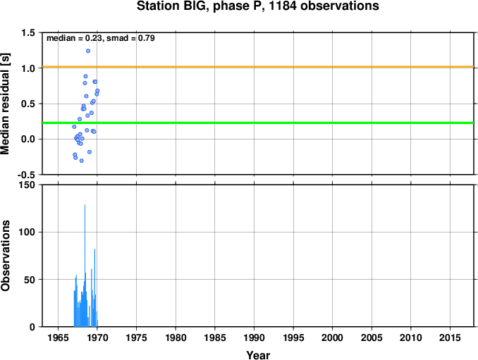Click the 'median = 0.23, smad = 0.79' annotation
pos(101,38)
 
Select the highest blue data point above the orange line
pos(88,51)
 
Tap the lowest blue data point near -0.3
pos(81,161)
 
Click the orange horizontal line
pos(258,66)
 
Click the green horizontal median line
pos(258,123)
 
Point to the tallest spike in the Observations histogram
pos(85,205)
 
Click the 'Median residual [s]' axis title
pos(5,104)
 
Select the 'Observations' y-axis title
pos(5,256)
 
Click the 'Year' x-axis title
pos(258,355)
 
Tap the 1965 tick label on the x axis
pos(58,337)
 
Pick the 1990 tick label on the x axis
pos(254,337)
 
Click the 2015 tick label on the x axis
pos(450,337)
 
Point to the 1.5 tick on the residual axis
pos(28,33)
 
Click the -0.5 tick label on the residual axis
pos(26,175)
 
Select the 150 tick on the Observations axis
pos(27,185)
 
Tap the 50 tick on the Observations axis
pos(30,280)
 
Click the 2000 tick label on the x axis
pos(332,337)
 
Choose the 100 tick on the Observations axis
pos(27,232)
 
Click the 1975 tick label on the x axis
pos(136,337)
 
